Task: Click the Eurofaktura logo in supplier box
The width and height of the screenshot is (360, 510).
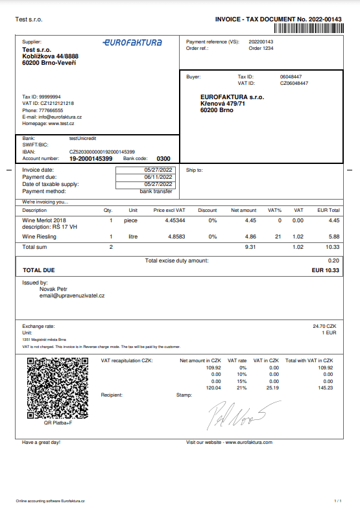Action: pyautogui.click(x=132, y=42)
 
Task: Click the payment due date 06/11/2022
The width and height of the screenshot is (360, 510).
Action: pyautogui.click(x=158, y=176)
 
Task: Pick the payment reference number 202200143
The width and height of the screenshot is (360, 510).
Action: pyautogui.click(x=261, y=42)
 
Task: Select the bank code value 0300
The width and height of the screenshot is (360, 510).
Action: pyautogui.click(x=163, y=158)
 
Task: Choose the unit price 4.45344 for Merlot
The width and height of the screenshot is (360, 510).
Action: pyautogui.click(x=175, y=220)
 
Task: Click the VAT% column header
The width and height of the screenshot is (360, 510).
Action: pyautogui.click(x=275, y=210)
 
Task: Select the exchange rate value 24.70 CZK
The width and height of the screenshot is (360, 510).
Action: pyautogui.click(x=326, y=326)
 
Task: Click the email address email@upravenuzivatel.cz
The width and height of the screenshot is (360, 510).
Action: pyautogui.click(x=73, y=296)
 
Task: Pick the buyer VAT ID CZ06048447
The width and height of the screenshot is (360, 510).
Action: pyautogui.click(x=294, y=83)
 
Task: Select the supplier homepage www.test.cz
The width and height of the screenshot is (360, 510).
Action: pyautogui.click(x=61, y=123)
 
